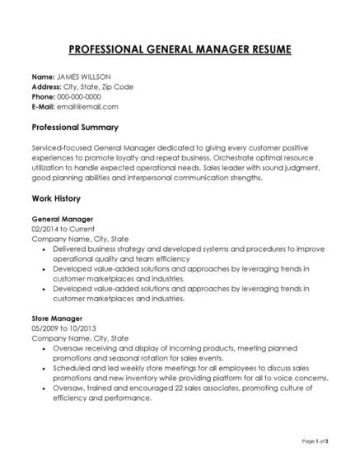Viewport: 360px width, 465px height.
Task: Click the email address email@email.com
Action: (90, 107)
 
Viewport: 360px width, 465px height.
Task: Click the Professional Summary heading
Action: (75, 128)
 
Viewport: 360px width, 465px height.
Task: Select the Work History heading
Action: (56, 199)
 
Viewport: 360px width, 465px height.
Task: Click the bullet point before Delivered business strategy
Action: (43, 248)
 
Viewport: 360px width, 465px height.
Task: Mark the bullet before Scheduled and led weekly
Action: (43, 368)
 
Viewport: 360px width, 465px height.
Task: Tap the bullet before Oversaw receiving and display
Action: (43, 348)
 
